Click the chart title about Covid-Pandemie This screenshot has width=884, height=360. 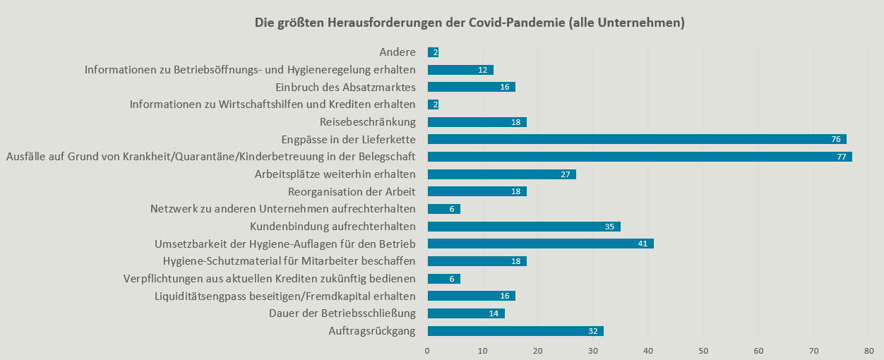point(470,23)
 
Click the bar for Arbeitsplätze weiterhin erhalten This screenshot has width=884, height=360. point(501,174)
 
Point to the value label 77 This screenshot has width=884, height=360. point(841,157)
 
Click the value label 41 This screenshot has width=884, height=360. point(643,244)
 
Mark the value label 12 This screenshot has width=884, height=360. point(483,70)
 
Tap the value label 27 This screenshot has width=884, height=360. point(566,174)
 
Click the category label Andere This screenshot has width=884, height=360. point(398,52)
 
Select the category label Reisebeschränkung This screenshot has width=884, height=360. point(368,121)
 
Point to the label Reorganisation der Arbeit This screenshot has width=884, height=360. point(352,191)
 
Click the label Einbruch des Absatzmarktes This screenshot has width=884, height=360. point(345,87)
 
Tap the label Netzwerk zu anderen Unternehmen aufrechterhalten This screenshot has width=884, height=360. point(282,209)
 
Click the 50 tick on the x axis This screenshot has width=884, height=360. point(703,350)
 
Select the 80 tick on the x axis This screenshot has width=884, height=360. point(868,350)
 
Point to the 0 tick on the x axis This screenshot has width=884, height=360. point(427,350)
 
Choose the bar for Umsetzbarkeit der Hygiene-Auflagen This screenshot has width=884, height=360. point(540,244)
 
